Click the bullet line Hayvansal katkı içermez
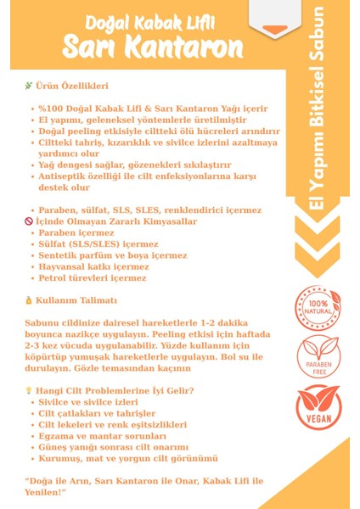93,266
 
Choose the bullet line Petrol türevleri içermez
92,277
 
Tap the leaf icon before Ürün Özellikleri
29,86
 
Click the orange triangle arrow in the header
275,31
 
